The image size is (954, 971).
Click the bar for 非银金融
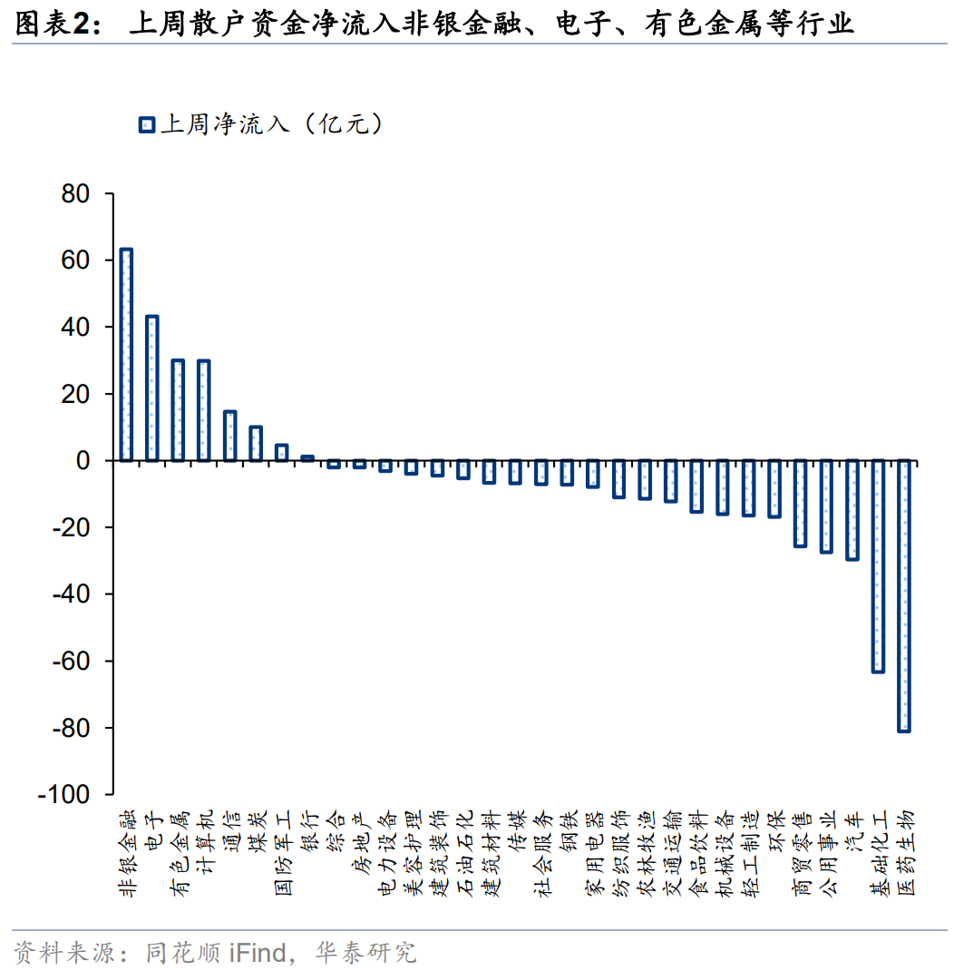126,355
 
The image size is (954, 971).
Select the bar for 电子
152,388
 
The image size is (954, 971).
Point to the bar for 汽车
852,510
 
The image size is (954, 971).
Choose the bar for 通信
229,436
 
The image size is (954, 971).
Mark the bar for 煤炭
256,444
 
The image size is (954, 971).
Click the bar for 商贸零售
800,504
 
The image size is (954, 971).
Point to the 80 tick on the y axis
75,194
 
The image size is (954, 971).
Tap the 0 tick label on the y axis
83,461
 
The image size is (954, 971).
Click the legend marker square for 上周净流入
147,125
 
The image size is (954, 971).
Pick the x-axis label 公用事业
826,852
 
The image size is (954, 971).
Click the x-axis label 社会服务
541,852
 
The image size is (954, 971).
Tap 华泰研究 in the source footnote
365,952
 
